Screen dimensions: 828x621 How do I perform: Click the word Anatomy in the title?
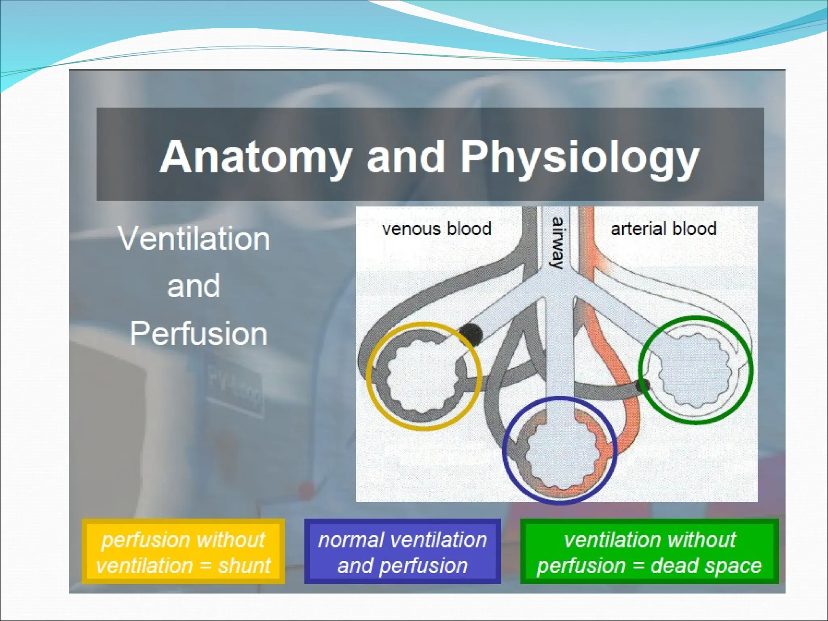255,158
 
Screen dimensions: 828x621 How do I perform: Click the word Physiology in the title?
580,158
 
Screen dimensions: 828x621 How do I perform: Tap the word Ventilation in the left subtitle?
194,239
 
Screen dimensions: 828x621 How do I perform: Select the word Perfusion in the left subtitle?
199,334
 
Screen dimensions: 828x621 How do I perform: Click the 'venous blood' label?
437,229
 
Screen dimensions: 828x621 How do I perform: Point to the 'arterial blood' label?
663,229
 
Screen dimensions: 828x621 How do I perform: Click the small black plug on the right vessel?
643,385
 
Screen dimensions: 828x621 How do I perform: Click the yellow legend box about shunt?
183,551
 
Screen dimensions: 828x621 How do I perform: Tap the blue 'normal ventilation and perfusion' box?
402,551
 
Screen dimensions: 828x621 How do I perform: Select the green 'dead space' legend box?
649,551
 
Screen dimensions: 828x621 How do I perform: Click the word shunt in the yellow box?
245,565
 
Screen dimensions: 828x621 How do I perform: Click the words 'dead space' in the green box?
706,565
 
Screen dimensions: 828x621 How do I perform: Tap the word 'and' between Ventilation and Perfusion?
194,286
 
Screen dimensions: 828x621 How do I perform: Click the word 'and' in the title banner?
406,158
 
